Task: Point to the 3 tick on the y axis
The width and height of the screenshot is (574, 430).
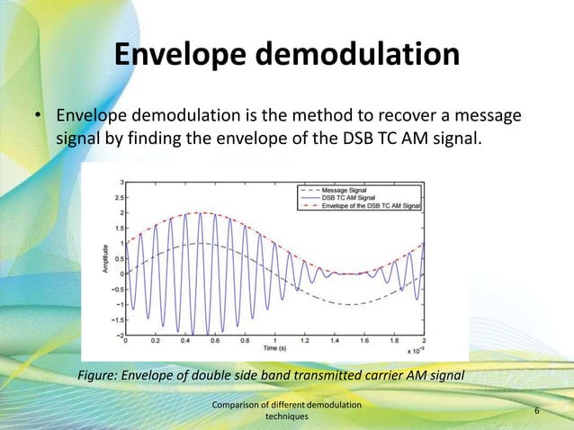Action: tap(121, 182)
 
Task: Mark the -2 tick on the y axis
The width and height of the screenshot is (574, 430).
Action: tap(118, 335)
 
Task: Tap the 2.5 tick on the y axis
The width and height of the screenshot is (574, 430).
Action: tap(118, 197)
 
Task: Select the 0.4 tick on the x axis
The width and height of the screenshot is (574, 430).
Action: tap(184, 342)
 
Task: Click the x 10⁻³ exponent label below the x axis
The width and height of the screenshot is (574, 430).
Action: tap(416, 350)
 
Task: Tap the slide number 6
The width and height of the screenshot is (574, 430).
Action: tap(537, 411)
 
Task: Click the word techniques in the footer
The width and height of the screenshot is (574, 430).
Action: tap(286, 417)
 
